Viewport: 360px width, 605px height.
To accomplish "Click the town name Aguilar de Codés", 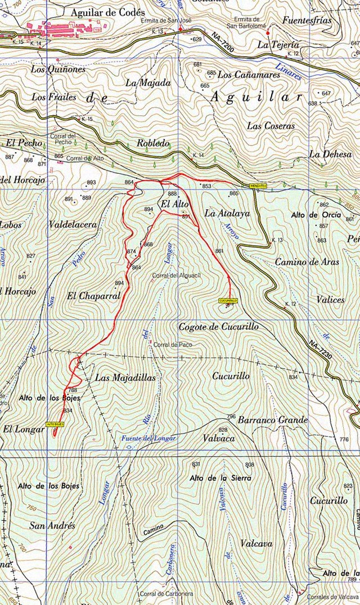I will point(107,12).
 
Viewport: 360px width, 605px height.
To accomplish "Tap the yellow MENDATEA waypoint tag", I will point(258,185).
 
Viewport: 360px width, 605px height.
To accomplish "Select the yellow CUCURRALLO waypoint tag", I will point(228,301).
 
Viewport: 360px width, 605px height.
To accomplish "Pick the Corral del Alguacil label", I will point(177,276).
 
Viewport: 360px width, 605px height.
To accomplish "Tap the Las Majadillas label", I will point(117,378).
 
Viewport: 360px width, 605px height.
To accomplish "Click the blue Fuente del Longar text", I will point(149,438).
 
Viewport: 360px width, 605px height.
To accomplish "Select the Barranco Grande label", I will point(273,420).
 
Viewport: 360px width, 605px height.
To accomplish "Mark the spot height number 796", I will point(231,417).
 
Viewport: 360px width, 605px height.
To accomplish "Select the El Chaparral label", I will point(93,295).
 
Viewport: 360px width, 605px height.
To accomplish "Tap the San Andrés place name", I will point(53,526).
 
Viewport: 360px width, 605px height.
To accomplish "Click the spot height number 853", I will point(206,186).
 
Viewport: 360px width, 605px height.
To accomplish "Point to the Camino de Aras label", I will point(303,262).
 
